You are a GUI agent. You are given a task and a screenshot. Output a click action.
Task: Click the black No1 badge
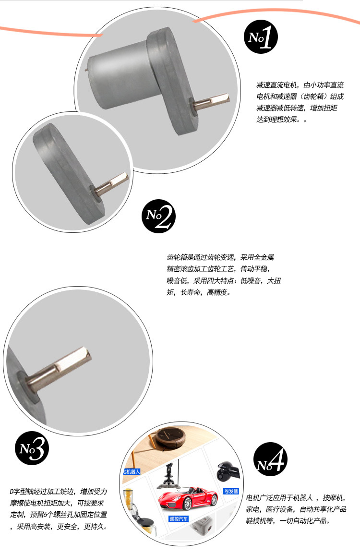[x=261, y=37]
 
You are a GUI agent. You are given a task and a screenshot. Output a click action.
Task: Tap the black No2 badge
[x=158, y=216]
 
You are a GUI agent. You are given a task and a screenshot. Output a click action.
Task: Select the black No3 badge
[x=32, y=448]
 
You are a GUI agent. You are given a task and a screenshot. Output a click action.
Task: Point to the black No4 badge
[x=271, y=459]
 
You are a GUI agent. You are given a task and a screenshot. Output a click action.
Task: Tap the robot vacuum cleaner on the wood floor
[x=170, y=438]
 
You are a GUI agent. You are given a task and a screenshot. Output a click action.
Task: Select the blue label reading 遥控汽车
[x=179, y=518]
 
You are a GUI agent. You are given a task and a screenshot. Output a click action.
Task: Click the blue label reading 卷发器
[x=231, y=491]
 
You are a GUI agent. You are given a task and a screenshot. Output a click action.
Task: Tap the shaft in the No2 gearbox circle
[x=110, y=184]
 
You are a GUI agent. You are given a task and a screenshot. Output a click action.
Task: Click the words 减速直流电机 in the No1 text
[x=276, y=85]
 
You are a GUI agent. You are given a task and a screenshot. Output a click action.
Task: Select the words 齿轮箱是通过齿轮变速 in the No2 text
[x=200, y=257]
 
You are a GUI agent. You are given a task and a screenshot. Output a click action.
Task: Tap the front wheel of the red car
[x=188, y=504]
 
